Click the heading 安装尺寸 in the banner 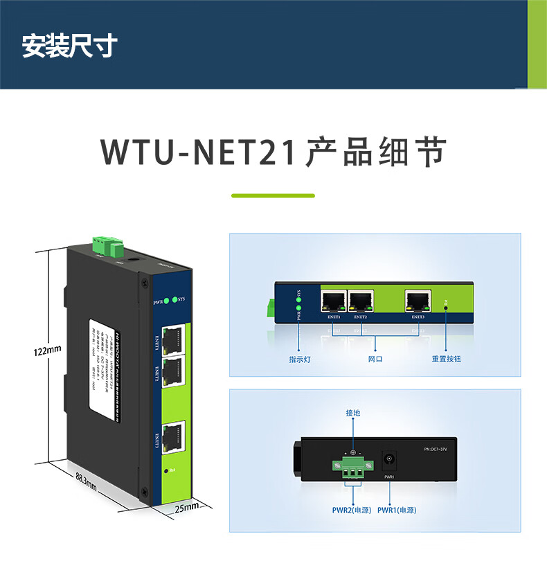(x=69, y=46)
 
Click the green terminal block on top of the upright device (x=107, y=245)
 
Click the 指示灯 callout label (x=299, y=359)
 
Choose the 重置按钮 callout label (x=446, y=359)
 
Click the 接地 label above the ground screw (x=353, y=414)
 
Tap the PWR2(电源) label (x=352, y=510)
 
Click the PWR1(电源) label (x=397, y=510)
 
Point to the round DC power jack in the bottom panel (x=389, y=459)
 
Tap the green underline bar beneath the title (x=273, y=196)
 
